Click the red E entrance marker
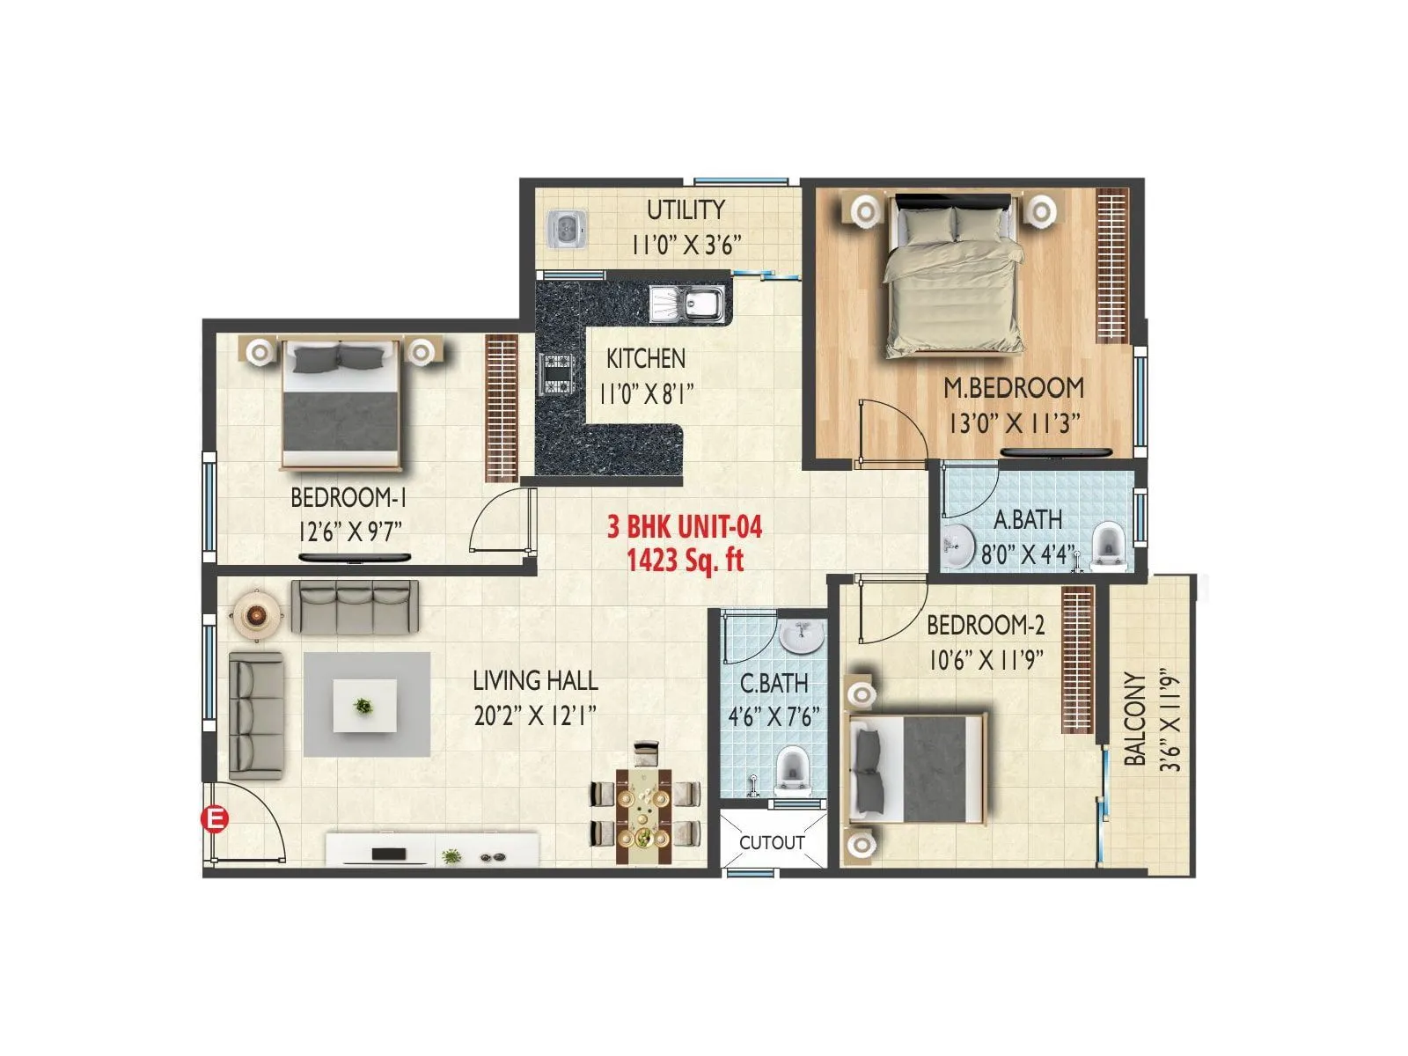[215, 818]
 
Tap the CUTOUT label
[772, 842]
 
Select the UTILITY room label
[686, 210]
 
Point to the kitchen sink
[687, 304]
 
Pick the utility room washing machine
[564, 230]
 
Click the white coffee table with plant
[363, 705]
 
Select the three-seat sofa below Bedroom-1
[355, 606]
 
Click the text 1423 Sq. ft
[685, 560]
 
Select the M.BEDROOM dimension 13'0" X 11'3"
[1014, 423]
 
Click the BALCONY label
[1135, 719]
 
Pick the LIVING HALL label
[535, 680]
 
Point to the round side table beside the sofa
[256, 613]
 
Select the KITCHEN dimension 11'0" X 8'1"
[646, 393]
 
